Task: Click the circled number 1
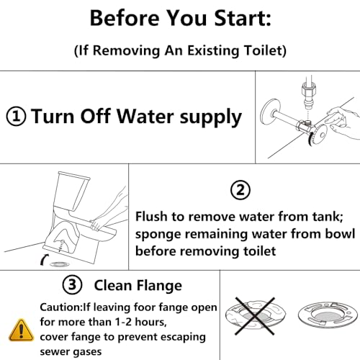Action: click(17, 116)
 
